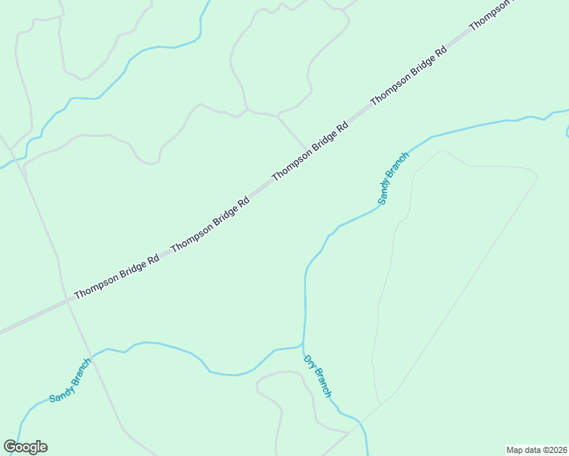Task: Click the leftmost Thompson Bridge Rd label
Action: click(x=116, y=276)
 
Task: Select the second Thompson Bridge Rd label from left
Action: click(x=211, y=225)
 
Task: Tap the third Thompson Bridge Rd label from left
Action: click(x=310, y=150)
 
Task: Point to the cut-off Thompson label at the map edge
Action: click(x=491, y=15)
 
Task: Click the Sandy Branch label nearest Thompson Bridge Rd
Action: click(x=393, y=178)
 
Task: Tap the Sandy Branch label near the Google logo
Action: click(x=70, y=380)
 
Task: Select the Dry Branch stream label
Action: click(x=317, y=376)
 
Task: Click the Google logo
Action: click(x=25, y=447)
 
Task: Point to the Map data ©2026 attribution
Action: click(x=536, y=450)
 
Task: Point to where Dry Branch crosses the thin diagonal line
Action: click(x=358, y=421)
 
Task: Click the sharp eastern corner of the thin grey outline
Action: click(x=538, y=177)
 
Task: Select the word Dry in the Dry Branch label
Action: click(x=310, y=362)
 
